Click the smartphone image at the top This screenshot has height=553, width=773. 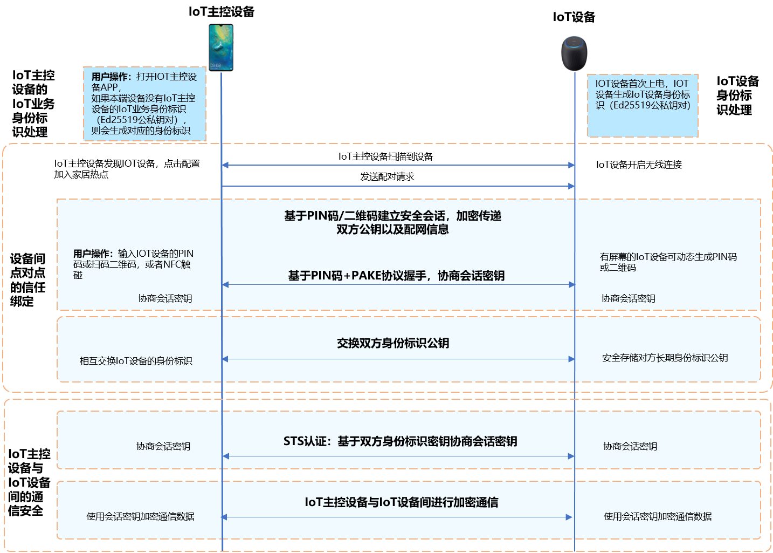pyautogui.click(x=221, y=47)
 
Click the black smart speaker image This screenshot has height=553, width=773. pyautogui.click(x=574, y=53)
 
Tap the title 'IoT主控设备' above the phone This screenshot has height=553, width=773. pyautogui.click(x=221, y=12)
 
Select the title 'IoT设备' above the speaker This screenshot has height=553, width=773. pyautogui.click(x=574, y=17)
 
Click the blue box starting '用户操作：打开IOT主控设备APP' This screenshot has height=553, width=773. pyautogui.click(x=144, y=104)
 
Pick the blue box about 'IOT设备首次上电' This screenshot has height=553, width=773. pyautogui.click(x=643, y=106)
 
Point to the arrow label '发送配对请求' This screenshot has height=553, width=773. pyautogui.click(x=387, y=176)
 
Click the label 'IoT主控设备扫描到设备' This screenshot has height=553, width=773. pyautogui.click(x=385, y=156)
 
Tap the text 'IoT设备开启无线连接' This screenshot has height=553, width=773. pyautogui.click(x=639, y=165)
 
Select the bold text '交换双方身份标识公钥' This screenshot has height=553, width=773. pyautogui.click(x=393, y=343)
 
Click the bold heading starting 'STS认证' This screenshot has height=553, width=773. pyautogui.click(x=401, y=441)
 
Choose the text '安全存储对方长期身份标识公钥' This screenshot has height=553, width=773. pyautogui.click(x=665, y=358)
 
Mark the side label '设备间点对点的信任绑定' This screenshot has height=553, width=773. pyautogui.click(x=27, y=280)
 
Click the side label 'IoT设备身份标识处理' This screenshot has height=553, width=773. pyautogui.click(x=737, y=95)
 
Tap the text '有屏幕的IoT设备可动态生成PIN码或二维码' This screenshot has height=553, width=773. pyautogui.click(x=668, y=262)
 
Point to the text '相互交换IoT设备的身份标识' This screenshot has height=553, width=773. pyautogui.click(x=136, y=361)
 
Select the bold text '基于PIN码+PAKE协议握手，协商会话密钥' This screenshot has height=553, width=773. pyautogui.click(x=396, y=276)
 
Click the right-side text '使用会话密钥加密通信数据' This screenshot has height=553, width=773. pyautogui.click(x=658, y=516)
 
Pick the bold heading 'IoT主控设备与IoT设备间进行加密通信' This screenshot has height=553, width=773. pyautogui.click(x=402, y=502)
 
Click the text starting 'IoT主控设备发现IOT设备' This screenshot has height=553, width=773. pyautogui.click(x=127, y=169)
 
